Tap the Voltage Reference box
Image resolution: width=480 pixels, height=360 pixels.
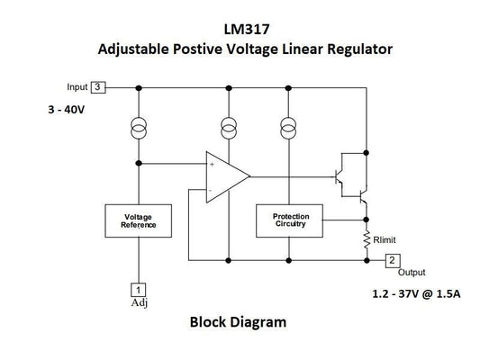click(x=138, y=221)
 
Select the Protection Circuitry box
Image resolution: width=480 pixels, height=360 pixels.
click(x=289, y=220)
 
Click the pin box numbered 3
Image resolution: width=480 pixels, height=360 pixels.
click(x=99, y=87)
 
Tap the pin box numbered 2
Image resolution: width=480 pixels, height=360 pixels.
click(x=393, y=260)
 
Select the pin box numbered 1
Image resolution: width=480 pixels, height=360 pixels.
click(x=138, y=289)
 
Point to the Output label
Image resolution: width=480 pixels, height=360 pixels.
click(x=412, y=273)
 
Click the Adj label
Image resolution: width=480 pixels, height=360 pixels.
click(x=139, y=302)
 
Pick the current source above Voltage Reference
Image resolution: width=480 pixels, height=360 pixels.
click(x=138, y=126)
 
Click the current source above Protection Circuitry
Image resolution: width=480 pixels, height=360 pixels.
click(x=289, y=126)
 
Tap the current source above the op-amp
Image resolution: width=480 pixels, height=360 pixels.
click(x=228, y=126)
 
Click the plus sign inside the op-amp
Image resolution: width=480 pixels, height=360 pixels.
click(x=213, y=165)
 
